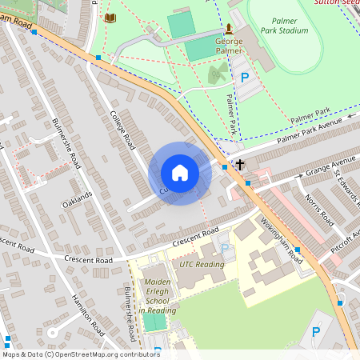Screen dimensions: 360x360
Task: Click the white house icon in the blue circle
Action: tap(180, 173)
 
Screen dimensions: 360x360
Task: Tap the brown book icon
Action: tap(110, 18)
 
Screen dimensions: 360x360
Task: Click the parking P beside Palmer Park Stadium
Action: tap(245, 78)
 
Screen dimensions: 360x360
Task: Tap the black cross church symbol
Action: tap(238, 166)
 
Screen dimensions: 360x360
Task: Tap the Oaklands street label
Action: tap(78, 199)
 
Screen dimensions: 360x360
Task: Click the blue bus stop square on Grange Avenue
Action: tap(248, 183)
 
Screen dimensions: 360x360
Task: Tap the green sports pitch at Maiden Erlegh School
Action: tap(154, 322)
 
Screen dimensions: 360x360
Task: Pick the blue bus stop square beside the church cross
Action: tap(224, 166)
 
